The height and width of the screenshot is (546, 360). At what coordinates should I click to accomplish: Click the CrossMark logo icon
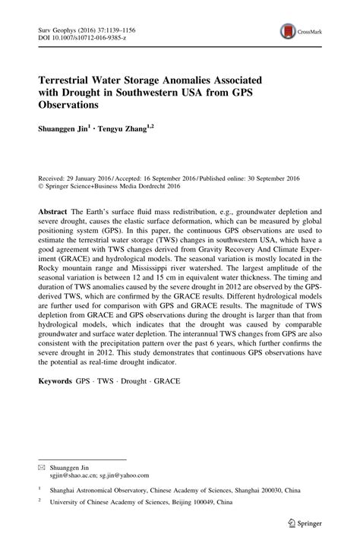tap(287, 31)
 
